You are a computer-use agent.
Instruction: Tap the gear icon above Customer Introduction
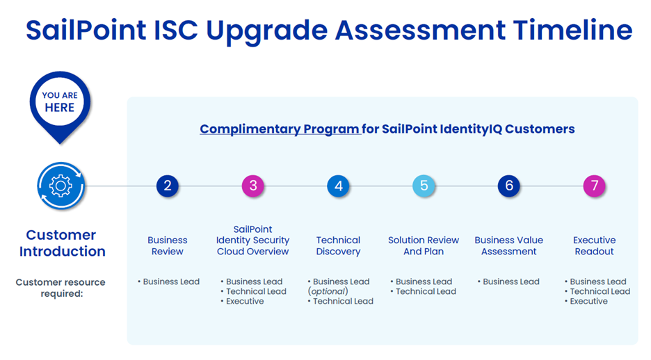61,186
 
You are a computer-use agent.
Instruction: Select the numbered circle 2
167,186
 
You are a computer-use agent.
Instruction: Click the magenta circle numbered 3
253,186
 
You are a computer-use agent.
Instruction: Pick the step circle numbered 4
339,186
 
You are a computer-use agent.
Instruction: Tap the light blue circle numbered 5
424,186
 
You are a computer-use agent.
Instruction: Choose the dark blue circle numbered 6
509,186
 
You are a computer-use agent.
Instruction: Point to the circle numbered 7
594,186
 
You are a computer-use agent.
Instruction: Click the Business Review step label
167,245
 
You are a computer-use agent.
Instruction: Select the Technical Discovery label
338,245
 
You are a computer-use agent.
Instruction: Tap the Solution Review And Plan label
424,245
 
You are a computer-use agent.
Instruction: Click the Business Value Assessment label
509,245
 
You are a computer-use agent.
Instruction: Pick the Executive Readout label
594,245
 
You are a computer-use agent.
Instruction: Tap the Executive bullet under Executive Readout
588,301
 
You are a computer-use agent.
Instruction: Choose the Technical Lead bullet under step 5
426,291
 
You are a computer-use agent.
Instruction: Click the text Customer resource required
61,287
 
